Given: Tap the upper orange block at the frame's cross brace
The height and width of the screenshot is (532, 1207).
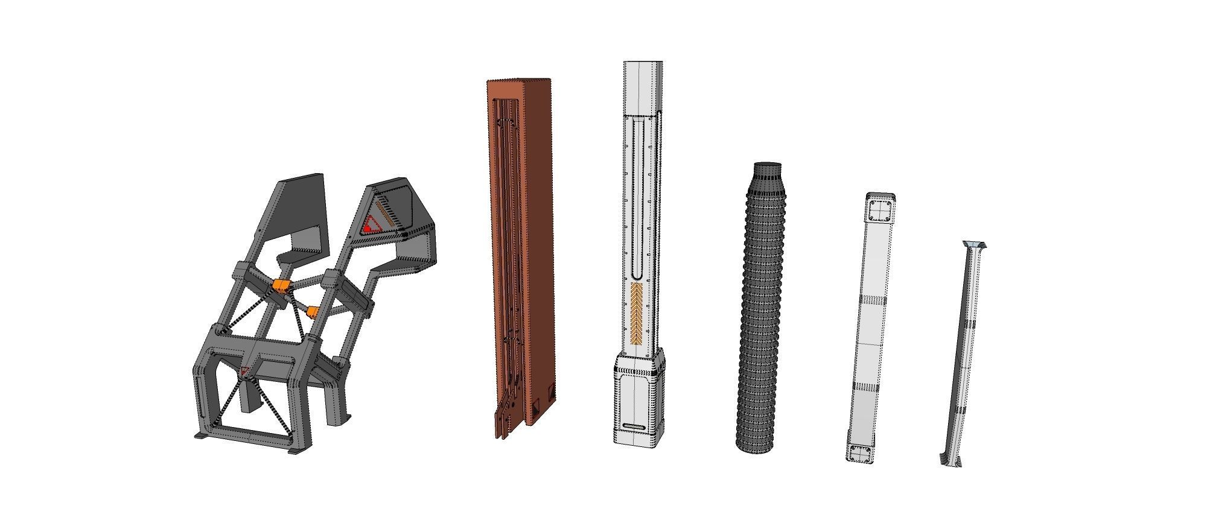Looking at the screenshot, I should coord(280,285).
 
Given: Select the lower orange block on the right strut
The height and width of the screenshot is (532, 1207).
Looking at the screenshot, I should coord(313,311).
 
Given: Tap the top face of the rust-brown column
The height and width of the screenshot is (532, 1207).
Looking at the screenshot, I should coord(519,81).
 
